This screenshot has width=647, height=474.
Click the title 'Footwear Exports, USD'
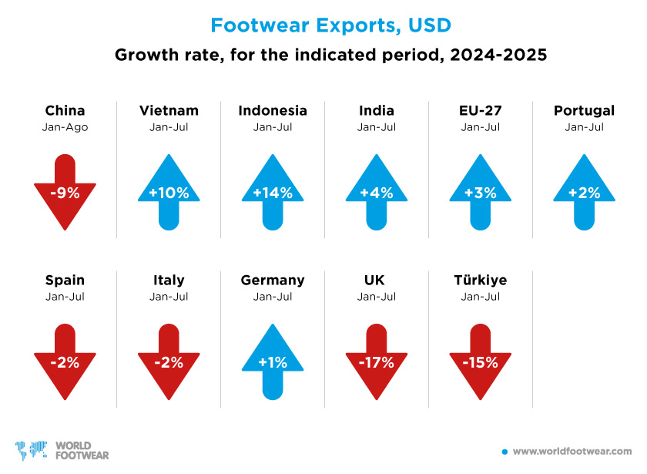330,25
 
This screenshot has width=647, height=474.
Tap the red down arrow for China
65,192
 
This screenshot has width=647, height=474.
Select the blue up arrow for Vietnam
169,192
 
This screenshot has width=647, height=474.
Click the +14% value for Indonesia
273,193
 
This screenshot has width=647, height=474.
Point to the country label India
376,110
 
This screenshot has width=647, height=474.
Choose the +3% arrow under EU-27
481,192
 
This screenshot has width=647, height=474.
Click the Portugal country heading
584,110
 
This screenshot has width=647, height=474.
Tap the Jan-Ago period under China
65,126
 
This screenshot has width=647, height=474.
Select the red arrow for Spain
65,361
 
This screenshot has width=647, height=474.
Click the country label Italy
169,280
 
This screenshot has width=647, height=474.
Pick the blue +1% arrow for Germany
273,361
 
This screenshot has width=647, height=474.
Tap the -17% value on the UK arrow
377,362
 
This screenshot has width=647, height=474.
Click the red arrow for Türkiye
481,361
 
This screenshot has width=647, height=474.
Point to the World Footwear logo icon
31,449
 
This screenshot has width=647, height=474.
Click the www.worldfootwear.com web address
572,451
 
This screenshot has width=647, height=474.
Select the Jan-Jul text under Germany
273,296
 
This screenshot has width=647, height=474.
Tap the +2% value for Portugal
584,193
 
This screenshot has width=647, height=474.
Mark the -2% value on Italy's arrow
169,362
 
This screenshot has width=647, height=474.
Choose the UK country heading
377,280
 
